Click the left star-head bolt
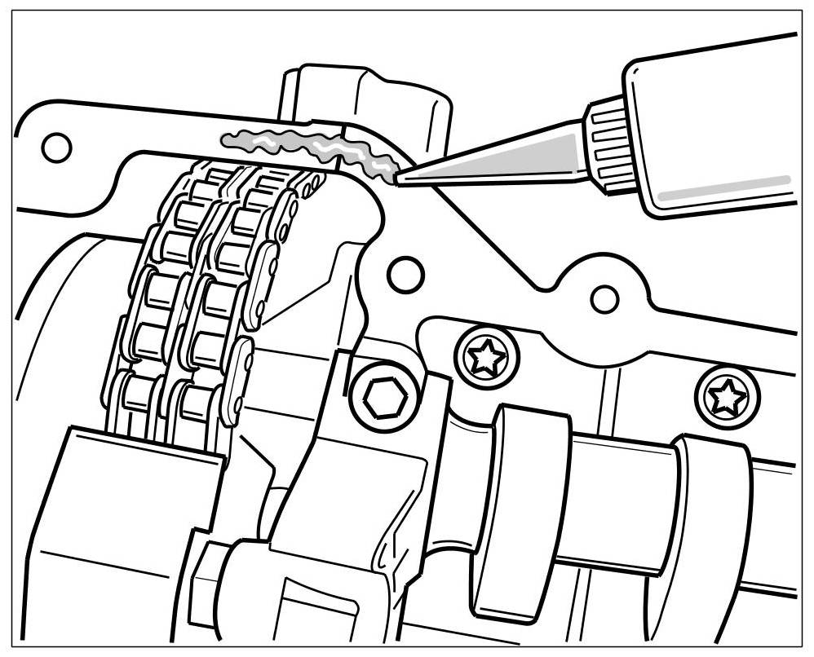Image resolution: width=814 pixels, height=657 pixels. tap(487, 355)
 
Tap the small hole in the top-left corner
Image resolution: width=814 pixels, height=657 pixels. tap(57, 148)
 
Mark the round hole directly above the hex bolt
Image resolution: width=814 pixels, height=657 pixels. tap(405, 273)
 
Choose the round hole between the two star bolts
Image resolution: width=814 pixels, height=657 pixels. tap(604, 299)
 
